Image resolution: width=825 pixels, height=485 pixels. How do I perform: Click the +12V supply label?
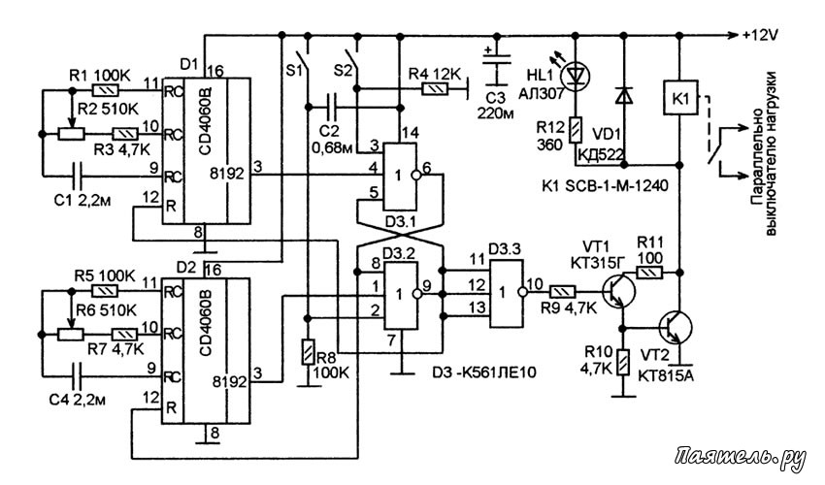[760, 35]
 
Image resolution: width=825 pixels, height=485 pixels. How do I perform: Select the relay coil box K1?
[680, 98]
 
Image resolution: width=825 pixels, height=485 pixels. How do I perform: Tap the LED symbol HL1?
[576, 77]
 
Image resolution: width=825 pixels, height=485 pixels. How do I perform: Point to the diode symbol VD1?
[624, 95]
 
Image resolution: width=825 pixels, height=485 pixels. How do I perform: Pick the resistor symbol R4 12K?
[435, 89]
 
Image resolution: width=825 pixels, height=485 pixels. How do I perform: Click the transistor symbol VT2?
[676, 327]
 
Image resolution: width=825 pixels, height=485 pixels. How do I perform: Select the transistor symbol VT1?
[619, 291]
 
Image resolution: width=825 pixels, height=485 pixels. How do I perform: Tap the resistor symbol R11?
[649, 272]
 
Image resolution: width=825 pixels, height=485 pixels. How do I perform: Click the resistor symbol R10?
[624, 362]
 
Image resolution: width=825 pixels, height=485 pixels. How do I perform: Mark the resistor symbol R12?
[576, 129]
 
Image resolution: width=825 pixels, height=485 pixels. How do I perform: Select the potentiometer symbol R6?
[71, 334]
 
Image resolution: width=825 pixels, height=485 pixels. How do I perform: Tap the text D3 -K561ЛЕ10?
[484, 372]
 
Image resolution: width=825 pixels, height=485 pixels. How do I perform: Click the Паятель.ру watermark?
[741, 458]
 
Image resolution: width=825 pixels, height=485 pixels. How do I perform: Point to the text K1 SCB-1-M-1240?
[605, 185]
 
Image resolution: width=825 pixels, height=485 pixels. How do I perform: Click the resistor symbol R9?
[563, 291]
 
